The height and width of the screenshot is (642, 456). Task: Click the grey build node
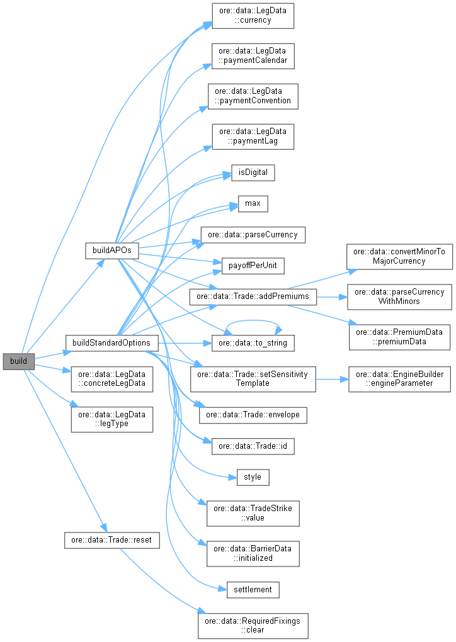18,361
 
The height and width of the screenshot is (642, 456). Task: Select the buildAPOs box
111,250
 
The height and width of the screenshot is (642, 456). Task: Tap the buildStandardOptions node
111,342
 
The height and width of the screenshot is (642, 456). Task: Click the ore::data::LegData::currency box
253,15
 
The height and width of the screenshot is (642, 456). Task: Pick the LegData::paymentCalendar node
253,56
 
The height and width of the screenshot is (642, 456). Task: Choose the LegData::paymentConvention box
253,96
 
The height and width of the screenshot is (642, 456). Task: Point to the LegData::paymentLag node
253,136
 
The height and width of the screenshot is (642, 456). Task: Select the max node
253,203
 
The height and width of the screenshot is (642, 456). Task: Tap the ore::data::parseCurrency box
253,234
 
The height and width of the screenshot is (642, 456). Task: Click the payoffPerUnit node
253,266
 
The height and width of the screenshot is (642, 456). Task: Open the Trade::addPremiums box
253,296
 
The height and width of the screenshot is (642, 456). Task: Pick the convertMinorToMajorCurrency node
399,256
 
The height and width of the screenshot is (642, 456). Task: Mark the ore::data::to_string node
253,342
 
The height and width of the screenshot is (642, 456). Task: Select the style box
253,476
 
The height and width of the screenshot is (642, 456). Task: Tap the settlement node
253,589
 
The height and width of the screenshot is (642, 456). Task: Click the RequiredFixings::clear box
253,624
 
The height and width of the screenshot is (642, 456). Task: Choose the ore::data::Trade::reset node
111,540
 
